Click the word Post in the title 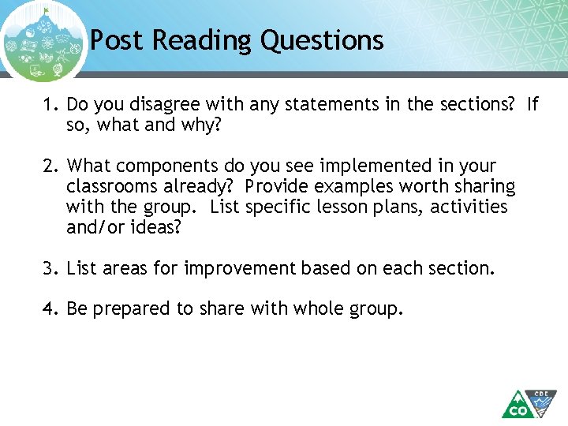[118, 39]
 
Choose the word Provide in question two [276, 186]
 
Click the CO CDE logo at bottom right [529, 403]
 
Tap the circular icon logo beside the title [43, 42]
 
